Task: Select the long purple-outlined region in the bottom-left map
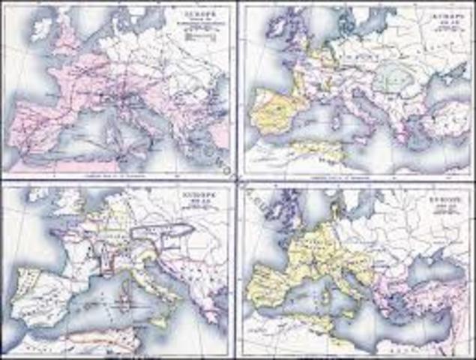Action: click(x=157, y=227)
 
